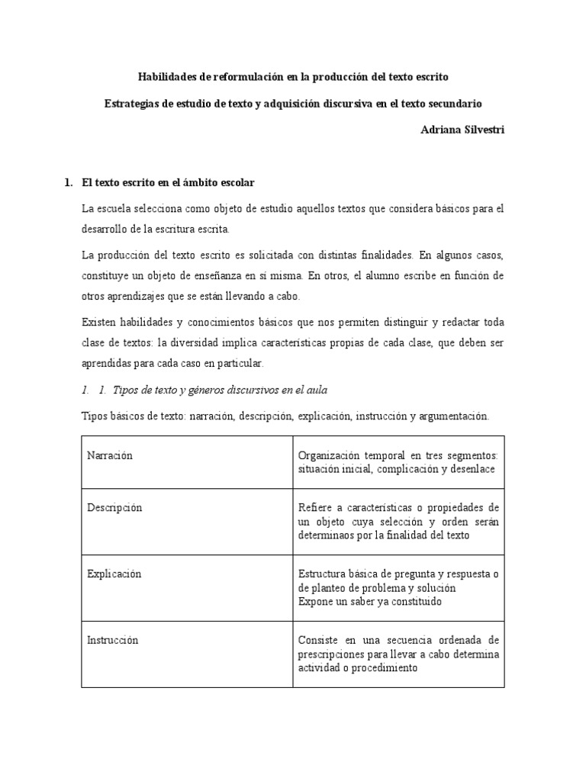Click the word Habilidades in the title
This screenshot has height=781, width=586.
166,77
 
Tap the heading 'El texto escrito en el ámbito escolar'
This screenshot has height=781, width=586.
167,183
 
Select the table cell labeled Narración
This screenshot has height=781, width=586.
110,455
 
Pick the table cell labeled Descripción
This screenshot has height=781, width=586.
114,508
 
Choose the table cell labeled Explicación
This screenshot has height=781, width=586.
114,574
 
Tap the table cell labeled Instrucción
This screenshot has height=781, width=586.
113,640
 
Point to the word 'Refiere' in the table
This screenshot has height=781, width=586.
315,508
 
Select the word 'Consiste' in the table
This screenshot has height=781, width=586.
317,640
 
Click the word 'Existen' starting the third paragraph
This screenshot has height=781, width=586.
97,323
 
